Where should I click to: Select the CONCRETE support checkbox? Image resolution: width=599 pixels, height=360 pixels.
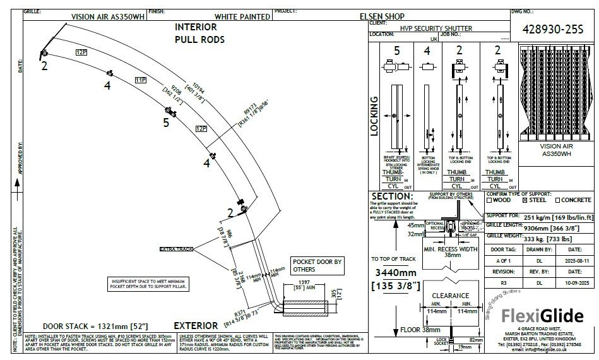pyautogui.click(x=557, y=200)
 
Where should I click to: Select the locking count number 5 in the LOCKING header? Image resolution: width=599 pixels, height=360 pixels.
pyautogui.click(x=397, y=50)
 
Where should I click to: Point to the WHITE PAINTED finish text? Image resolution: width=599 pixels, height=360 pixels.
pyautogui.click(x=238, y=17)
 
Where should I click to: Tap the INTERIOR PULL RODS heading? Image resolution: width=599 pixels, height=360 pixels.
pyautogui.click(x=199, y=33)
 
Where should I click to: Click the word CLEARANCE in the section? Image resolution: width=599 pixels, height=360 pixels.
pyautogui.click(x=451, y=295)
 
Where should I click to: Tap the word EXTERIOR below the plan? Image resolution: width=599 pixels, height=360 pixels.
pyautogui.click(x=196, y=326)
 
